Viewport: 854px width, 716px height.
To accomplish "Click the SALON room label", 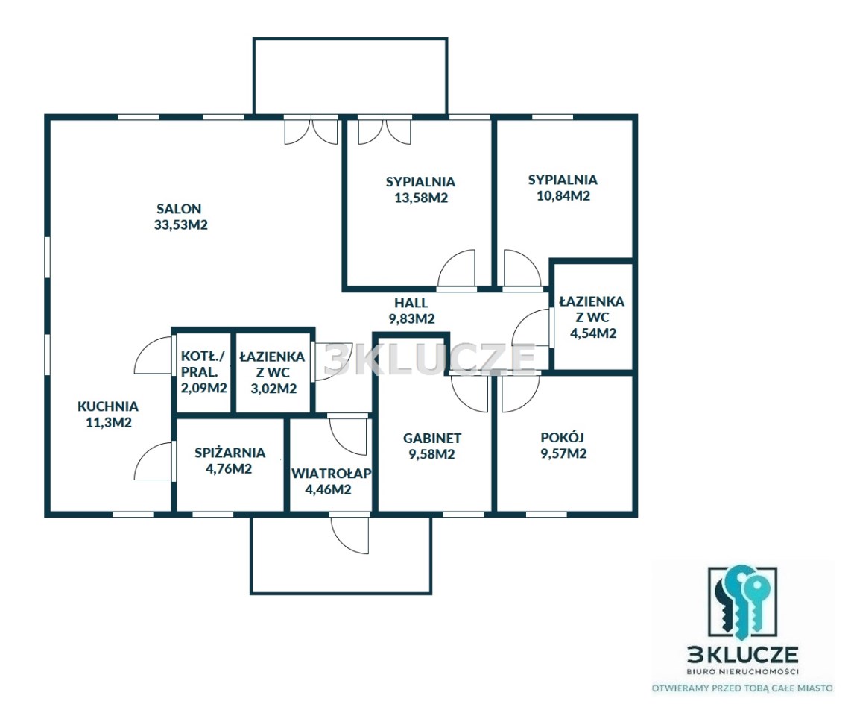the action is pyautogui.click(x=179, y=208).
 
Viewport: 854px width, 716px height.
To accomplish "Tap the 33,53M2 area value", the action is pyautogui.click(x=181, y=224).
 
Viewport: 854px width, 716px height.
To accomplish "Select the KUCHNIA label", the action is pyautogui.click(x=108, y=406).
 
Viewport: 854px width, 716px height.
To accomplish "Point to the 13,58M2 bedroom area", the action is pyautogui.click(x=421, y=197).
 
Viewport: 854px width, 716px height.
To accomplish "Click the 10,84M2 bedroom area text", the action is pyautogui.click(x=563, y=195).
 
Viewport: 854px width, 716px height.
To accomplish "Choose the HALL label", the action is pyautogui.click(x=411, y=302).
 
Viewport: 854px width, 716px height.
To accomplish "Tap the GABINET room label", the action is pyautogui.click(x=432, y=438).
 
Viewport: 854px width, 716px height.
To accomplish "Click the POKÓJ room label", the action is pyautogui.click(x=562, y=436).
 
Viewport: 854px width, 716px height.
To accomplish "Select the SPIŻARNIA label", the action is pyautogui.click(x=230, y=452).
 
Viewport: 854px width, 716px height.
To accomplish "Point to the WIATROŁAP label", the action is pyautogui.click(x=331, y=473).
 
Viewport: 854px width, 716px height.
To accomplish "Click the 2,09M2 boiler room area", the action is pyautogui.click(x=203, y=388).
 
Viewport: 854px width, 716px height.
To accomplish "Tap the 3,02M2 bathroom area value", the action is pyautogui.click(x=273, y=389).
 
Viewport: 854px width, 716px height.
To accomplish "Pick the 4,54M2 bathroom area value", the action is pyautogui.click(x=593, y=333).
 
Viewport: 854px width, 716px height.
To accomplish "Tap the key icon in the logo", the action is pyautogui.click(x=741, y=602).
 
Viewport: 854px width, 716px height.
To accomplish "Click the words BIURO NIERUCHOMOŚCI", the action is pyautogui.click(x=742, y=671).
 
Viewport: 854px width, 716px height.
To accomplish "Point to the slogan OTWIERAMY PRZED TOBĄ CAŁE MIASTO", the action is pyautogui.click(x=742, y=688).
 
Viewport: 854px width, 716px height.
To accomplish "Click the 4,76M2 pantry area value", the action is pyautogui.click(x=229, y=468).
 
